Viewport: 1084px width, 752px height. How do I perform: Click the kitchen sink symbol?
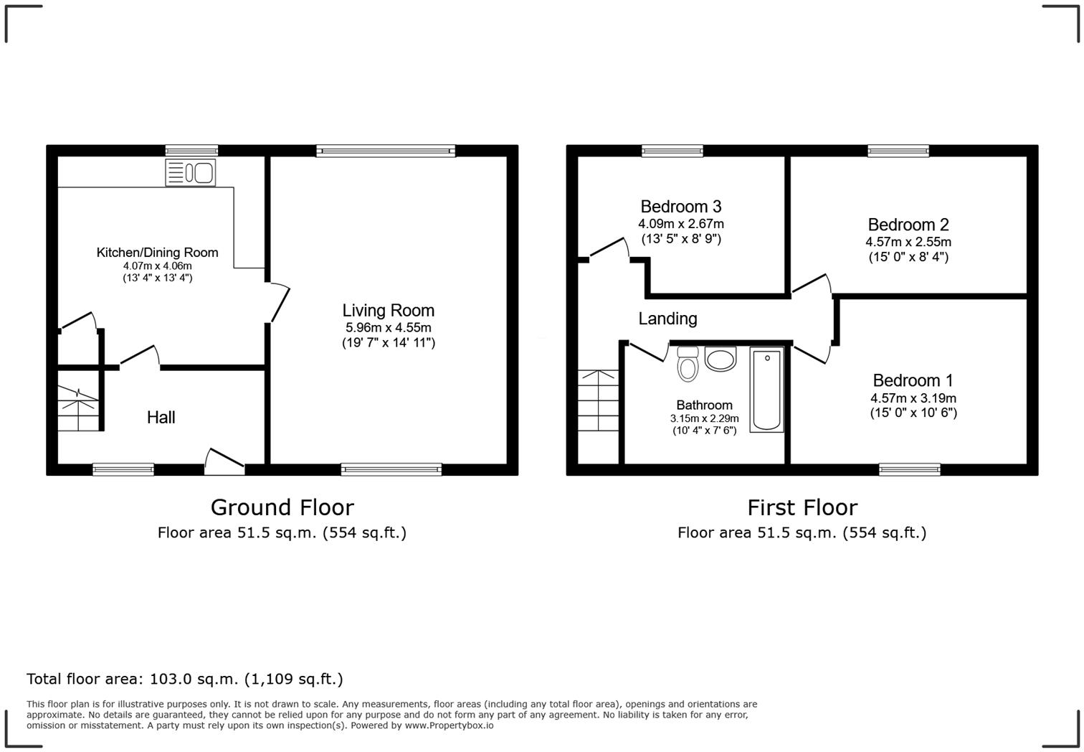point(190,173)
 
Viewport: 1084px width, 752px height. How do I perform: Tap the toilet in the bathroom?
point(688,364)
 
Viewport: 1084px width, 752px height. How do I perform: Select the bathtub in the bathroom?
point(766,390)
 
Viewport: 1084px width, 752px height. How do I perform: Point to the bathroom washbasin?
point(721,359)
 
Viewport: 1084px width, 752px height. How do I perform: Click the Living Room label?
point(388,311)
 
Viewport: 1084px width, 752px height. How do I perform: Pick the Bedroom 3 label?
point(680,207)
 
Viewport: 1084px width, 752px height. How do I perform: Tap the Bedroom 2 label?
point(908,225)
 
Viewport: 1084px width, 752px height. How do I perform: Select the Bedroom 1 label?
point(913,380)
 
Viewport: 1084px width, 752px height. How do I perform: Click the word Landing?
point(667,319)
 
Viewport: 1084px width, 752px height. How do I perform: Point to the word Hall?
point(161,418)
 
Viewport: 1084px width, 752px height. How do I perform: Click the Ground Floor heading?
point(282,507)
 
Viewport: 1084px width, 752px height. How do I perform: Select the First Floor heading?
point(802,507)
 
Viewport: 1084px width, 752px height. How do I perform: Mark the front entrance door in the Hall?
point(224,462)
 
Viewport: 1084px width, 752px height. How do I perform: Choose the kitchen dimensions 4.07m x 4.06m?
point(157,265)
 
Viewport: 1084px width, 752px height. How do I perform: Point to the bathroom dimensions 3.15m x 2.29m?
point(704,418)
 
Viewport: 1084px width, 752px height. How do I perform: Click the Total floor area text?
point(184,679)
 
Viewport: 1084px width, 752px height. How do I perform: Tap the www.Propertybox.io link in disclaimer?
point(450,725)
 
